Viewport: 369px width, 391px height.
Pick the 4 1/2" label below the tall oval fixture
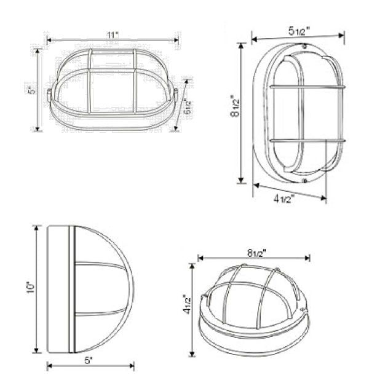point(285,198)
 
